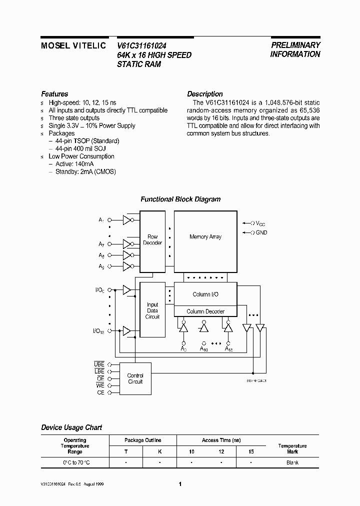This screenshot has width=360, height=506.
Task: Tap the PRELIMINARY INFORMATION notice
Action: click(295, 49)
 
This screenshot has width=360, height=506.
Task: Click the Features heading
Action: click(54, 94)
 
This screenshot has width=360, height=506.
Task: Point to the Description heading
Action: click(204, 94)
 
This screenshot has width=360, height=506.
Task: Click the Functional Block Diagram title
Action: click(180, 199)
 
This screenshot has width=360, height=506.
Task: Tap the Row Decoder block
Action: click(152, 240)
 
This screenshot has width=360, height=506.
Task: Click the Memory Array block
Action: click(205, 236)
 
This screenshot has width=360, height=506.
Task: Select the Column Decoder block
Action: click(205, 311)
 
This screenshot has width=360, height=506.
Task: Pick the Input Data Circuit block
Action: click(152, 310)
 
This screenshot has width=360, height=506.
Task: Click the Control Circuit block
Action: click(135, 378)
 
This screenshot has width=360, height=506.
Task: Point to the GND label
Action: click(261, 233)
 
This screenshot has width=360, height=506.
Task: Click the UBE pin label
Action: click(99, 364)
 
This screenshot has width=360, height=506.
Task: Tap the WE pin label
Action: click(100, 385)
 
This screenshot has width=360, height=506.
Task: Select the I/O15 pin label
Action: click(99, 331)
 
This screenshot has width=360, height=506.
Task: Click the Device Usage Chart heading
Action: click(71, 427)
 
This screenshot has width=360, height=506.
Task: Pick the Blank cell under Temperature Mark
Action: click(292, 462)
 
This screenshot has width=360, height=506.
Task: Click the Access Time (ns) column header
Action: click(221, 440)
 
